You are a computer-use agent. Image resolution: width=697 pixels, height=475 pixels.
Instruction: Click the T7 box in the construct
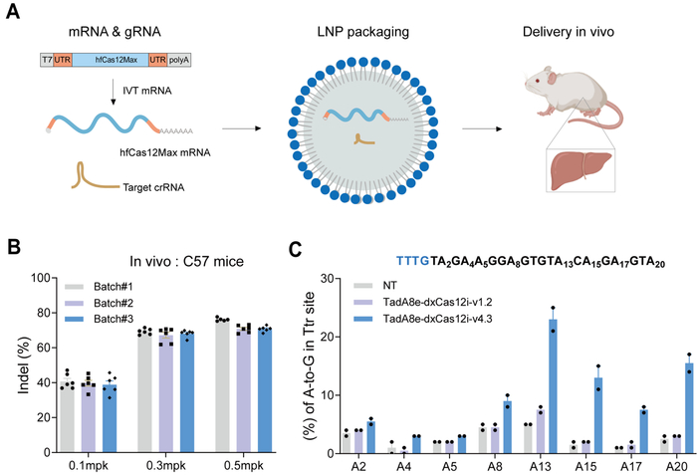click(47, 61)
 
